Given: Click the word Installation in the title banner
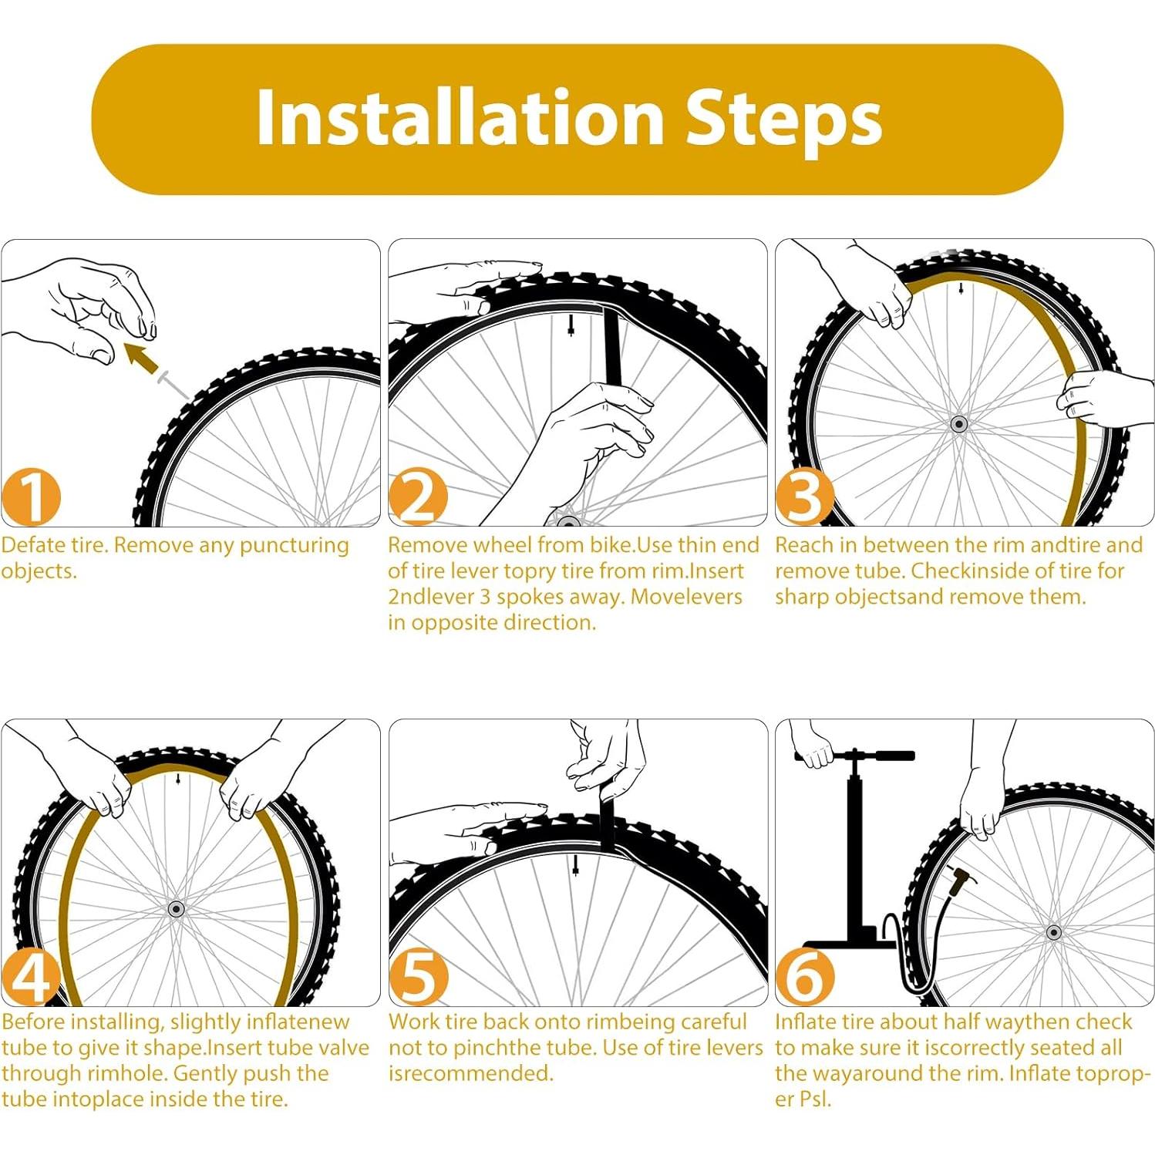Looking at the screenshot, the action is pos(460,117).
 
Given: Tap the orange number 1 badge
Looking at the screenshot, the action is pos(31,497).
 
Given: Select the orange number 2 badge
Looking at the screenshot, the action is pos(418,497).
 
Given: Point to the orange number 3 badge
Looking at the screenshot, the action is pos(805,497).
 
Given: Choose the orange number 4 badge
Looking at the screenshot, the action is pos(31,977).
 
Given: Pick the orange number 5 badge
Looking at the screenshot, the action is pos(418,977).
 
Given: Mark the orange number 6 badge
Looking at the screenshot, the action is pos(805,977).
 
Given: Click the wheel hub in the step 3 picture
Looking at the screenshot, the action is pos(959,424).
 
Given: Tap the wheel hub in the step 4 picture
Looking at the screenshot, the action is pos(176,909).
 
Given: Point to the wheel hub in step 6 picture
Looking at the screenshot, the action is pos(1054,932).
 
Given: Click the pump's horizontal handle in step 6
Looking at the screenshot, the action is pos(855,755).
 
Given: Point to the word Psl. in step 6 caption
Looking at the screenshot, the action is pos(815,1099).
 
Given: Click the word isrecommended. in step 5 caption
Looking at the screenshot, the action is pos(471,1073).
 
